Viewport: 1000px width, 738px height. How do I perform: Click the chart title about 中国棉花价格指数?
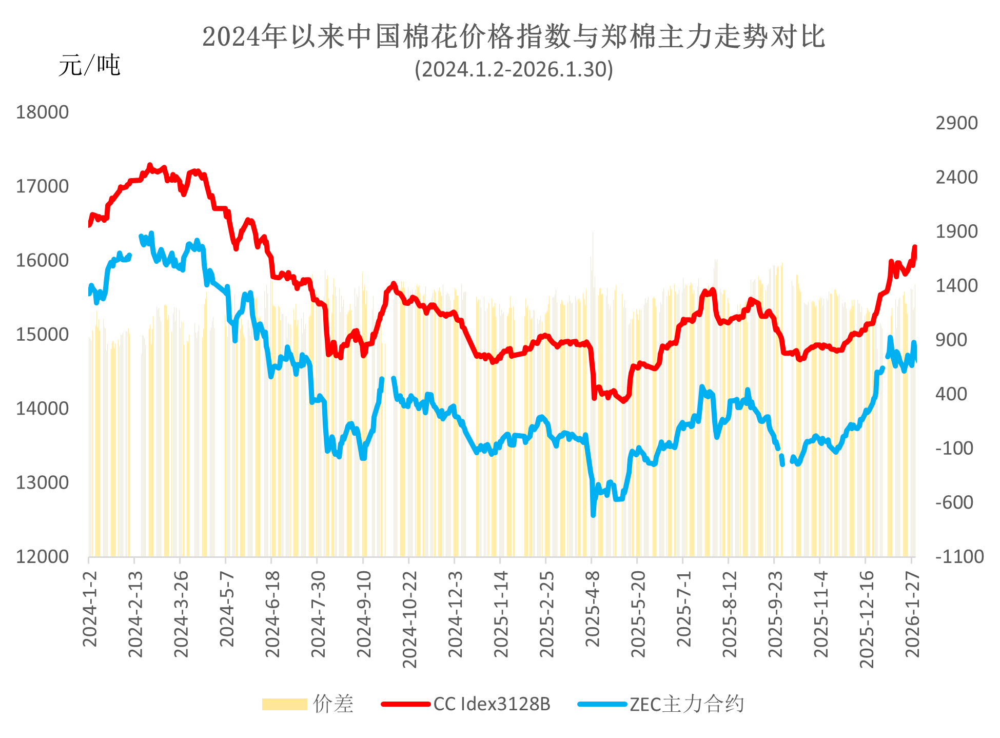(x=514, y=37)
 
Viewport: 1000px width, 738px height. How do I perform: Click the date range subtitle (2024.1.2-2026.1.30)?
(x=514, y=69)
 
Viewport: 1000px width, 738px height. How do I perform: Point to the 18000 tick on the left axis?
(x=42, y=112)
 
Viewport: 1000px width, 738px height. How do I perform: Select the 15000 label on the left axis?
(x=42, y=335)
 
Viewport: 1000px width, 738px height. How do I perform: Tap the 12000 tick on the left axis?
(x=42, y=557)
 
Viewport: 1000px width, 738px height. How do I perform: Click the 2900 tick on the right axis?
(x=956, y=123)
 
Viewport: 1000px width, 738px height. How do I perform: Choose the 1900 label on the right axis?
(x=956, y=231)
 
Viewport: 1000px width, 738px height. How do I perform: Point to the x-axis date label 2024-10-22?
(x=409, y=618)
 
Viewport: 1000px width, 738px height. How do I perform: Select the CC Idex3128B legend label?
(x=492, y=704)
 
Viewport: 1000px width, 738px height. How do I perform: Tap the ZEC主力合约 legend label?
(x=687, y=704)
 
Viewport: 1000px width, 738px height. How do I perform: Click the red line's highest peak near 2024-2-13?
(x=150, y=165)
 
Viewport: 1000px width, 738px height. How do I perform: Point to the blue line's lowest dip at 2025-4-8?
(x=593, y=515)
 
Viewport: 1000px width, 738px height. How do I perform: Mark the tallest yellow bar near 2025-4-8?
(x=593, y=233)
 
